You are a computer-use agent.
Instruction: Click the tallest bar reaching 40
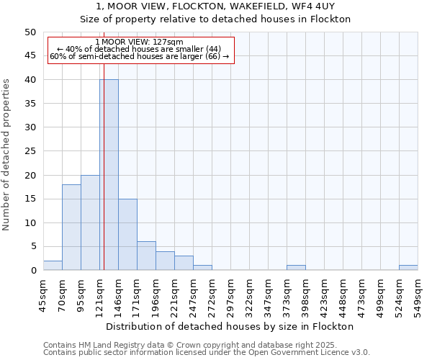click(109, 175)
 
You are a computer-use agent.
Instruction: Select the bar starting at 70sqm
click(71, 228)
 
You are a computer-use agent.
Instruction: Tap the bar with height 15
click(127, 235)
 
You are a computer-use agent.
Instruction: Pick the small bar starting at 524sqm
click(408, 268)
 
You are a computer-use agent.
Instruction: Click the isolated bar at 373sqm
click(296, 268)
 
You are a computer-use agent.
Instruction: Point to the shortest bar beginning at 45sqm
click(53, 266)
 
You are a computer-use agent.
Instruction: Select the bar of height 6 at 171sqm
click(146, 256)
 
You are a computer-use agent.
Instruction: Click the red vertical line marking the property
click(104, 180)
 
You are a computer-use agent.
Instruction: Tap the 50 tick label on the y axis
click(30, 32)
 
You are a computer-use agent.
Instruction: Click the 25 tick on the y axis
click(30, 151)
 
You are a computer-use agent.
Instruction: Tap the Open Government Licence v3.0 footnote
click(207, 352)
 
